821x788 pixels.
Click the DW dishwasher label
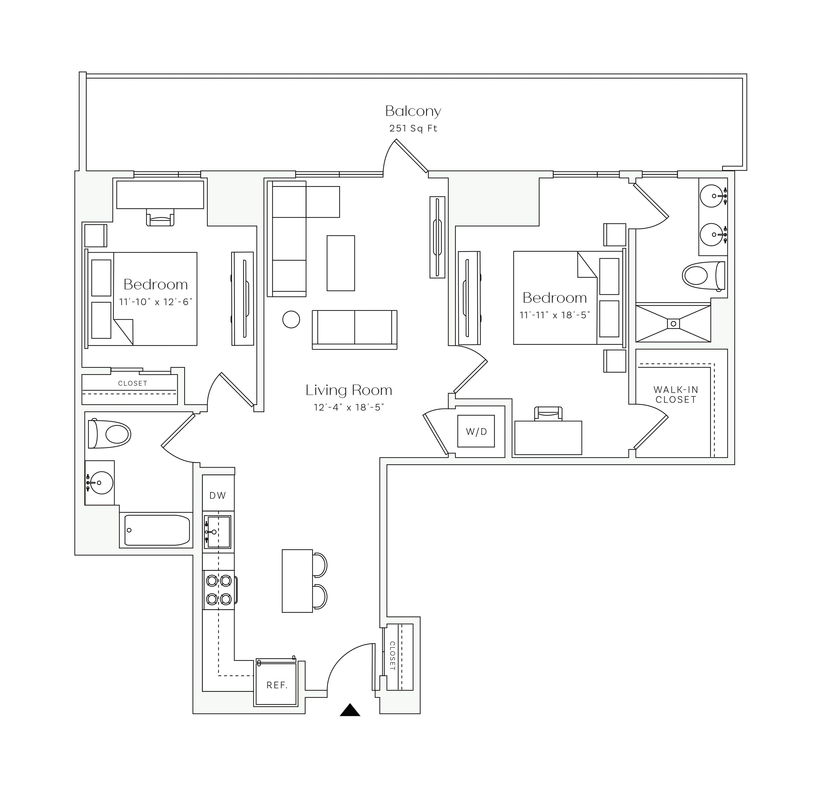pos(218,496)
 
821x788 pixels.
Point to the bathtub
pos(157,530)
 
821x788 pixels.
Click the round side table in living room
pos(291,319)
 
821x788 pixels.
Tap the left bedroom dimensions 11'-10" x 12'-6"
pos(155,302)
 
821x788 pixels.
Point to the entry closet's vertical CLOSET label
pos(393,656)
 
